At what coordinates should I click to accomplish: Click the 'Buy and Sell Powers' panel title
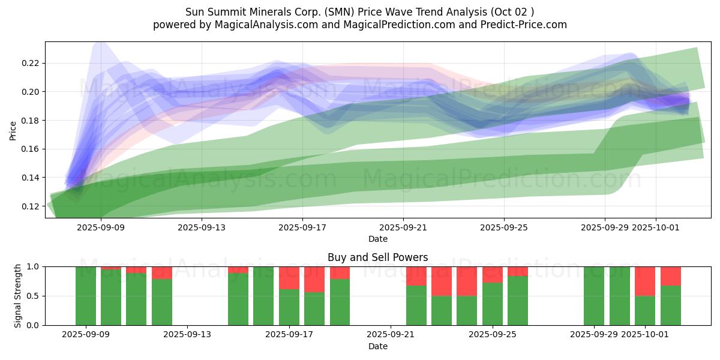click(x=377, y=257)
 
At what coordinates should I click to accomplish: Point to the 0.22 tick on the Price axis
click(x=31, y=63)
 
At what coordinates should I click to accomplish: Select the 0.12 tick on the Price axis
click(x=31, y=206)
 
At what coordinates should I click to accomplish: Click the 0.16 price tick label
click(x=31, y=149)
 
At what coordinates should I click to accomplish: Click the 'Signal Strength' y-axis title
click(x=18, y=296)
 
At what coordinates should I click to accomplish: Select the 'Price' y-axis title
click(x=13, y=130)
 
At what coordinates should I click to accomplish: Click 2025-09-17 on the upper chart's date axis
click(x=302, y=227)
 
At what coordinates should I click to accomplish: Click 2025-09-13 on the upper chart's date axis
click(x=201, y=227)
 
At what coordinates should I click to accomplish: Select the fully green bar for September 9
click(x=86, y=296)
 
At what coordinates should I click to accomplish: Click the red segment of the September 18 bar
click(x=314, y=279)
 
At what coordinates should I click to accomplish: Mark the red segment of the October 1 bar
click(x=645, y=281)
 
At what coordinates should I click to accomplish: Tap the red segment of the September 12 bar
click(x=162, y=272)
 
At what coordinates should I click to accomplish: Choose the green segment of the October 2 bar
click(x=671, y=305)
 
